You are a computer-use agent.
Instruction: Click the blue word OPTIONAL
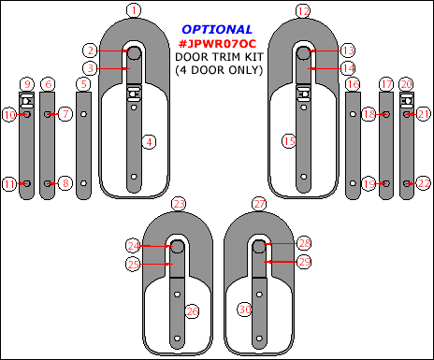217,30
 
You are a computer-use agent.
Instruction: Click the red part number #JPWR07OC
217,44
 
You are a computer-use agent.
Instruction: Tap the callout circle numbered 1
134,10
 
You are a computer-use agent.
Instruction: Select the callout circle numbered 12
303,11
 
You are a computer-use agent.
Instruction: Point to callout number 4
149,142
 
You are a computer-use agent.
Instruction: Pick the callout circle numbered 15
289,141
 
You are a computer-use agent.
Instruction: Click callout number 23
179,204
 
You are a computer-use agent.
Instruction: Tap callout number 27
259,204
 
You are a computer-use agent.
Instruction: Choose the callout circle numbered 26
192,311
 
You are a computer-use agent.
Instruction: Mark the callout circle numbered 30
245,310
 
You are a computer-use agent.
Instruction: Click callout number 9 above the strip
27,84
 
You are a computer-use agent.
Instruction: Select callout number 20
407,84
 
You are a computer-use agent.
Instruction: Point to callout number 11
9,184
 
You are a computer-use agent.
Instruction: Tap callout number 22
424,183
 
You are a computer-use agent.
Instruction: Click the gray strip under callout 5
83,145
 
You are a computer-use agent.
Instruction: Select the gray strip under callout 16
353,145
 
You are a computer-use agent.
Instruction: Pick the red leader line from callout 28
281,243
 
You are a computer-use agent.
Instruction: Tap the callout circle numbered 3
90,68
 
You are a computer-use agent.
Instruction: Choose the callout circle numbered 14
348,68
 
